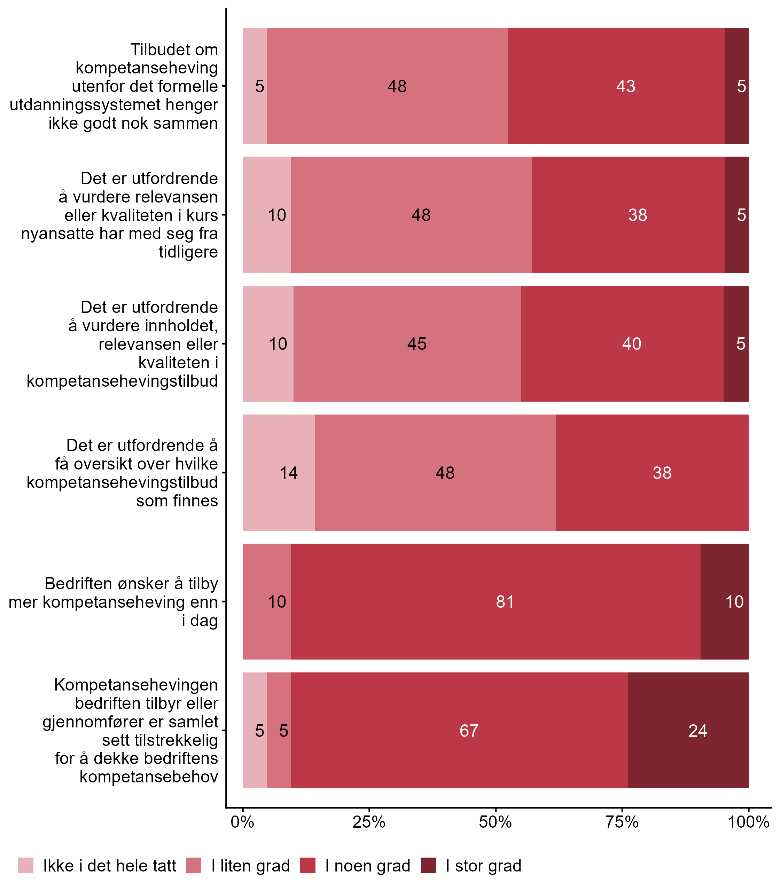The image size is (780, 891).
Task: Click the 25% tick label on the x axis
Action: coord(369,822)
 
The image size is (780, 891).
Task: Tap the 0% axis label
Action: coord(242,822)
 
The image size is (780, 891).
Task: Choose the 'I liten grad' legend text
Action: coord(250,866)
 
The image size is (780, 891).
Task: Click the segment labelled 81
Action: coord(505,602)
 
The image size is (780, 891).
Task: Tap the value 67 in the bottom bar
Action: coord(469,731)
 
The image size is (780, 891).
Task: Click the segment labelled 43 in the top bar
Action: coord(625,86)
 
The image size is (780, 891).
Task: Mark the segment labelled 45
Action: coord(416,344)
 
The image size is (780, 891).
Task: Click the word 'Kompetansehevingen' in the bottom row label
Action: coord(136,685)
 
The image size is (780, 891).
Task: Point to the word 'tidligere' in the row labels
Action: coord(188,252)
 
